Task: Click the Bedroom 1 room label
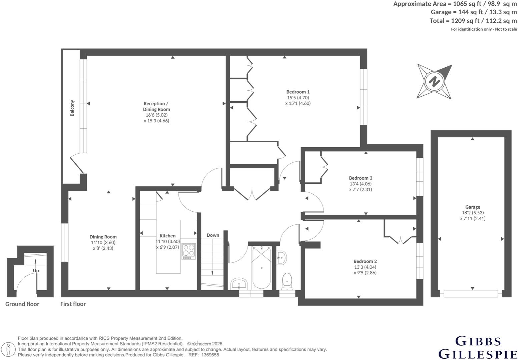[x=298, y=92]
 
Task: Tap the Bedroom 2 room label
[x=365, y=261]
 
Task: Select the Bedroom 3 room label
[x=360, y=178]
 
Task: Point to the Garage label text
[x=473, y=207]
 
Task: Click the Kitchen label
[x=167, y=236]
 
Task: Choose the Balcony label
[x=72, y=108]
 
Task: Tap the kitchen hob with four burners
[x=188, y=252]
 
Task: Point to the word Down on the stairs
[x=213, y=235]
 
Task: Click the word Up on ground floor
[x=36, y=271]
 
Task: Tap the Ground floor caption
[x=22, y=304]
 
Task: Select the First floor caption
[x=73, y=304]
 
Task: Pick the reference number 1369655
[x=210, y=355]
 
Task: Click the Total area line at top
[x=473, y=21]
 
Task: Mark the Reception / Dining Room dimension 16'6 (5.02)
[x=156, y=115]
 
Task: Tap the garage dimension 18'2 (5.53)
[x=473, y=213]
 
